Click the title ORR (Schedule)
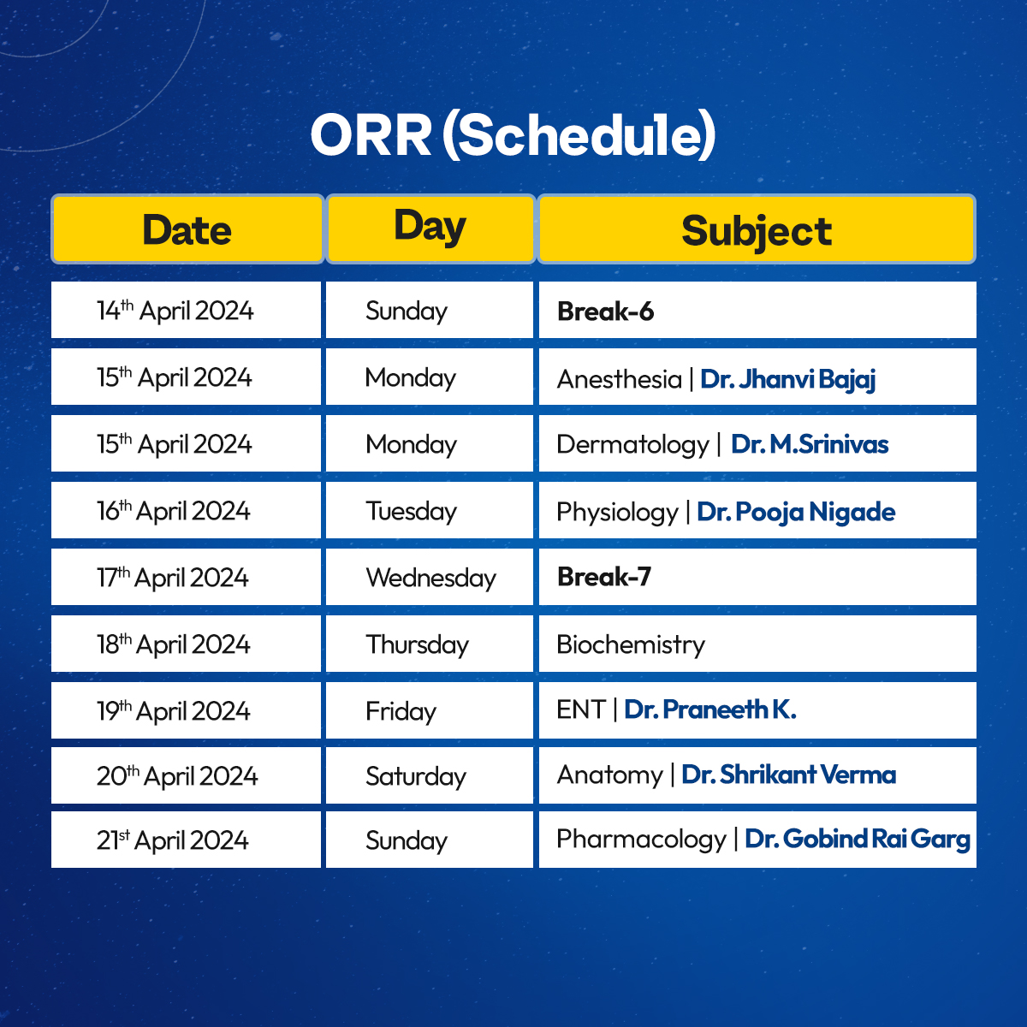tap(513, 135)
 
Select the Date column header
tap(187, 229)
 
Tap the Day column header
tap(430, 229)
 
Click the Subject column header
tap(757, 229)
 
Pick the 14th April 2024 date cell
tap(186, 310)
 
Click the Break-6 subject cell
tap(757, 310)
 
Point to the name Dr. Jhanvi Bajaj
tap(787, 379)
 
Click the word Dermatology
tap(632, 444)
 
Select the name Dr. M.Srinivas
tap(810, 444)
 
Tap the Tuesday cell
tap(430, 510)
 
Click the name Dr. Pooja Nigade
tap(796, 512)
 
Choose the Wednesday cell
tap(430, 577)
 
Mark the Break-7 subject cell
tap(757, 577)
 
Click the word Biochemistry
tap(631, 644)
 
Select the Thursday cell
tap(430, 644)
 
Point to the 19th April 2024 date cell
tap(186, 709)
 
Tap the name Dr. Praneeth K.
tap(709, 709)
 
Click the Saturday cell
tap(430, 775)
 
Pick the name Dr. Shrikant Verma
tap(789, 775)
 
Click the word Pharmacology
tap(641, 840)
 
